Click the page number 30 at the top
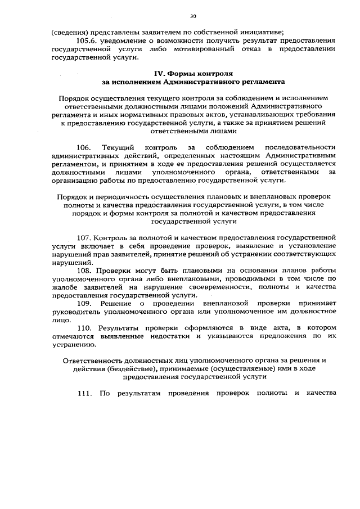[193, 16]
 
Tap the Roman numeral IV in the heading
[161, 74]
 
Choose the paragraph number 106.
[87, 147]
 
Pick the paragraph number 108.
[87, 270]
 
